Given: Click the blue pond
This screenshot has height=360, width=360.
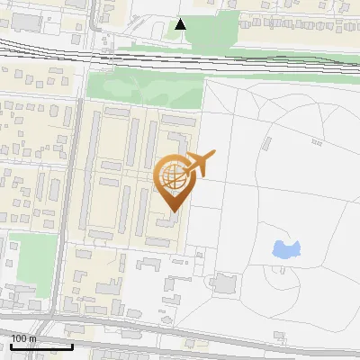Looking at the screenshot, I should (x=286, y=249).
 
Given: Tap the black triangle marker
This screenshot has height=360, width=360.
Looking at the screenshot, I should (x=182, y=24).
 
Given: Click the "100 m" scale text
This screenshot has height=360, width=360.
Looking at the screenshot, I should (x=22, y=338).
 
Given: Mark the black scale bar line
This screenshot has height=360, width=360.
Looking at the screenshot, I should (x=40, y=346).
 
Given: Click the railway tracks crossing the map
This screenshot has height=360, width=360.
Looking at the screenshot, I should (x=180, y=58).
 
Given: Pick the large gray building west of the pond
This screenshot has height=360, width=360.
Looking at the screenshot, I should (x=222, y=284).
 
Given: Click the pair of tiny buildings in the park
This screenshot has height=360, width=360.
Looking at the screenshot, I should (x=317, y=141).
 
